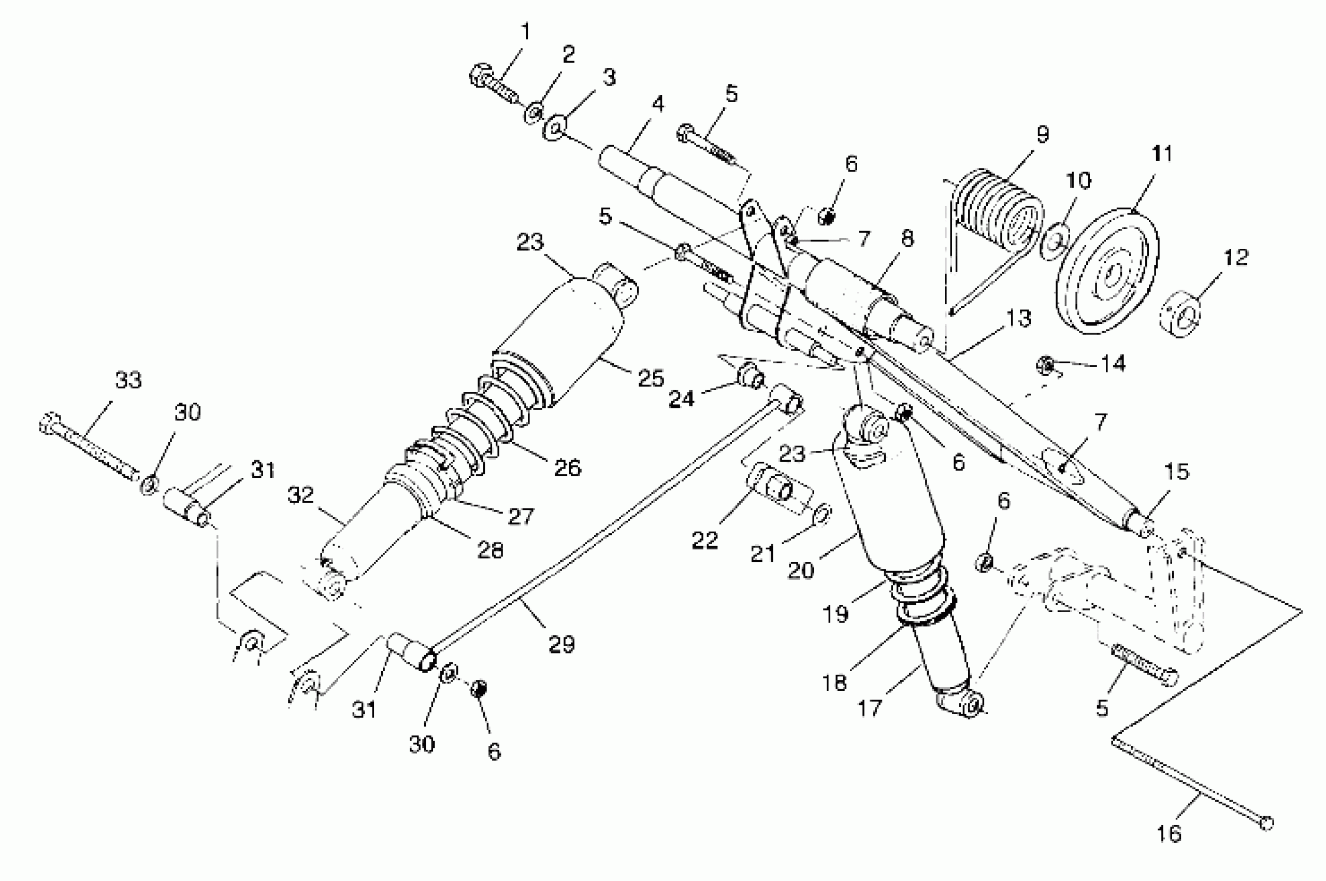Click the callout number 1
tap(526, 32)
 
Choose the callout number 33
tap(128, 380)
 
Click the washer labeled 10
tap(1055, 241)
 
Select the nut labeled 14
tap(1045, 366)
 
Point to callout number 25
tap(651, 378)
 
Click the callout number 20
tap(801, 571)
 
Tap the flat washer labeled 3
tap(555, 127)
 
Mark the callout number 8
tap(907, 238)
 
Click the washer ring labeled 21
tap(822, 514)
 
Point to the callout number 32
tap(300, 495)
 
